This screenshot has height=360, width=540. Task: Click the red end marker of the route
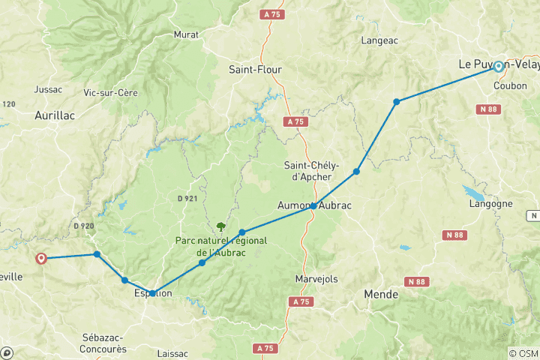coord(41,258)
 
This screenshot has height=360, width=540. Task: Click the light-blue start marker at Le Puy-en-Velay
coord(498,66)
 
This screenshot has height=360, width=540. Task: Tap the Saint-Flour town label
coord(255,70)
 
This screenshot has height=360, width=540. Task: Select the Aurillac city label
coord(53,115)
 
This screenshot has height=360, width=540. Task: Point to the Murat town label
coord(186,34)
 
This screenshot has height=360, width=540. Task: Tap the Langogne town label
coord(490,203)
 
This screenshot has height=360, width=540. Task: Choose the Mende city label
coord(380,295)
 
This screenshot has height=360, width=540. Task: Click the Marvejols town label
coord(317,279)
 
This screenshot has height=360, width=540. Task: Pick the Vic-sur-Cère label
coord(109,92)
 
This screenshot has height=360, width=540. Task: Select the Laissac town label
coord(173,352)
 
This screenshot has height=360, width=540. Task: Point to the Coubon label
coord(510,86)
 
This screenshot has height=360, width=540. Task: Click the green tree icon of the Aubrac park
coord(220,226)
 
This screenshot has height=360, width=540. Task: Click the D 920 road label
coord(84,225)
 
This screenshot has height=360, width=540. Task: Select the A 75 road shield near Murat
coord(271,14)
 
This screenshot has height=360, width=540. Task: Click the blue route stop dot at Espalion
coord(152,293)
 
